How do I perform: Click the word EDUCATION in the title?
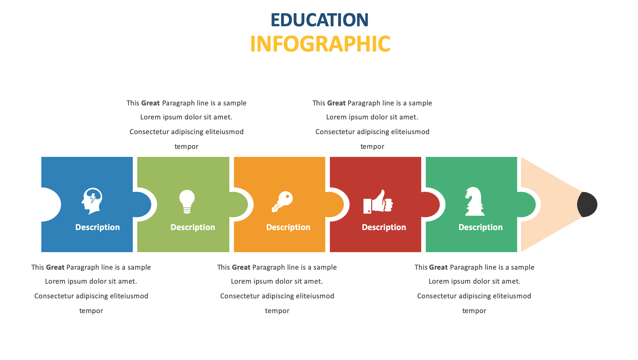click(x=319, y=20)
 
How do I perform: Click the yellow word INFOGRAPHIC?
click(x=320, y=44)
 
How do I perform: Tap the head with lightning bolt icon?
click(x=92, y=201)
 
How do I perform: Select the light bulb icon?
click(x=187, y=202)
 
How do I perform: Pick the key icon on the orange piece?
click(x=282, y=201)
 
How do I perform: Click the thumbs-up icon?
click(x=378, y=202)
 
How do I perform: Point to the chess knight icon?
click(x=474, y=201)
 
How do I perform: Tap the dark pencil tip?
click(x=587, y=205)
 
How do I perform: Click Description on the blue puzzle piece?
click(x=97, y=227)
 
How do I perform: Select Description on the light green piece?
click(x=193, y=227)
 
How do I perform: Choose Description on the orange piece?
click(x=288, y=227)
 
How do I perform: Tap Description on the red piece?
click(x=384, y=227)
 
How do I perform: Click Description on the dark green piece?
click(x=480, y=227)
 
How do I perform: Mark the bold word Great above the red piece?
click(x=336, y=103)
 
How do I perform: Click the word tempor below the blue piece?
click(x=91, y=311)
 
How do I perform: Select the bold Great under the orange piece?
click(x=241, y=267)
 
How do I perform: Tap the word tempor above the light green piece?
click(x=186, y=147)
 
